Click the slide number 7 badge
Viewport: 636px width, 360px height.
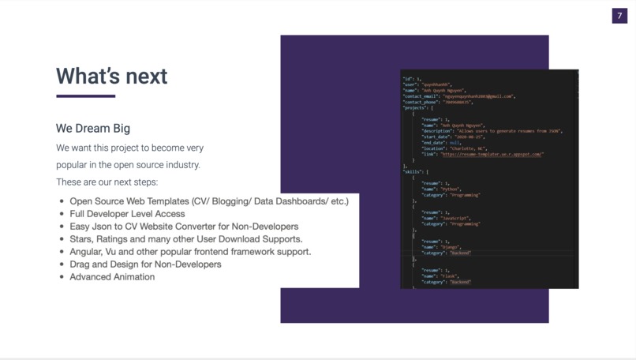619,16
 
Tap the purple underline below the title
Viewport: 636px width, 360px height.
85,96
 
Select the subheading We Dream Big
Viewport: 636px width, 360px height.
93,128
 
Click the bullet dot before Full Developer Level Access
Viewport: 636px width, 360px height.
62,214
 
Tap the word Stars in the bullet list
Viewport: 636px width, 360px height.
82,239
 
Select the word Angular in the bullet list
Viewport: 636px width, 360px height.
87,252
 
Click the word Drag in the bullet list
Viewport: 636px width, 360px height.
80,264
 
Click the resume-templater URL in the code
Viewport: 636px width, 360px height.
492,155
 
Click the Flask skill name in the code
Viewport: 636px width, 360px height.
450,276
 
